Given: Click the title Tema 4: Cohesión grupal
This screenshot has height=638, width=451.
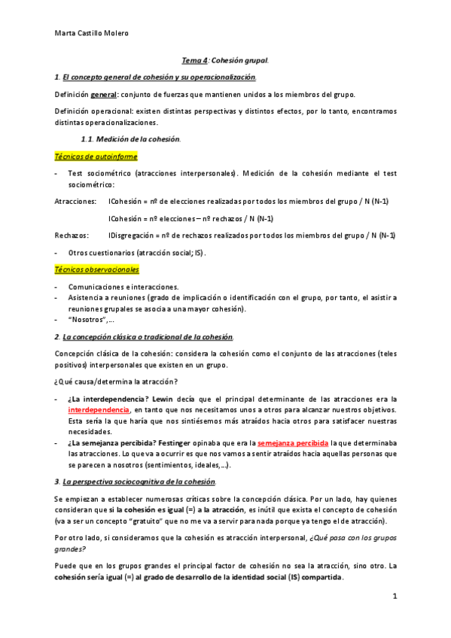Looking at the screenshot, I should pyautogui.click(x=225, y=59).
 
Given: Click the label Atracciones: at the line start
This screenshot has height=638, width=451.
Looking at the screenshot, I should pyautogui.click(x=75, y=202).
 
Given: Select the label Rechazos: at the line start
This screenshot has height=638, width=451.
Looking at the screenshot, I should pyautogui.click(x=72, y=235).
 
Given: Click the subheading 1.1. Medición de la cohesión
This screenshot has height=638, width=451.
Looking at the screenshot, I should pyautogui.click(x=130, y=139).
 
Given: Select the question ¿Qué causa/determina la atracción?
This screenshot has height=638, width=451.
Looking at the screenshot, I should pyautogui.click(x=115, y=381).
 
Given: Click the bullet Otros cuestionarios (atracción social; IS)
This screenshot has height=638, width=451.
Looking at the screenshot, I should pyautogui.click(x=136, y=253).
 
